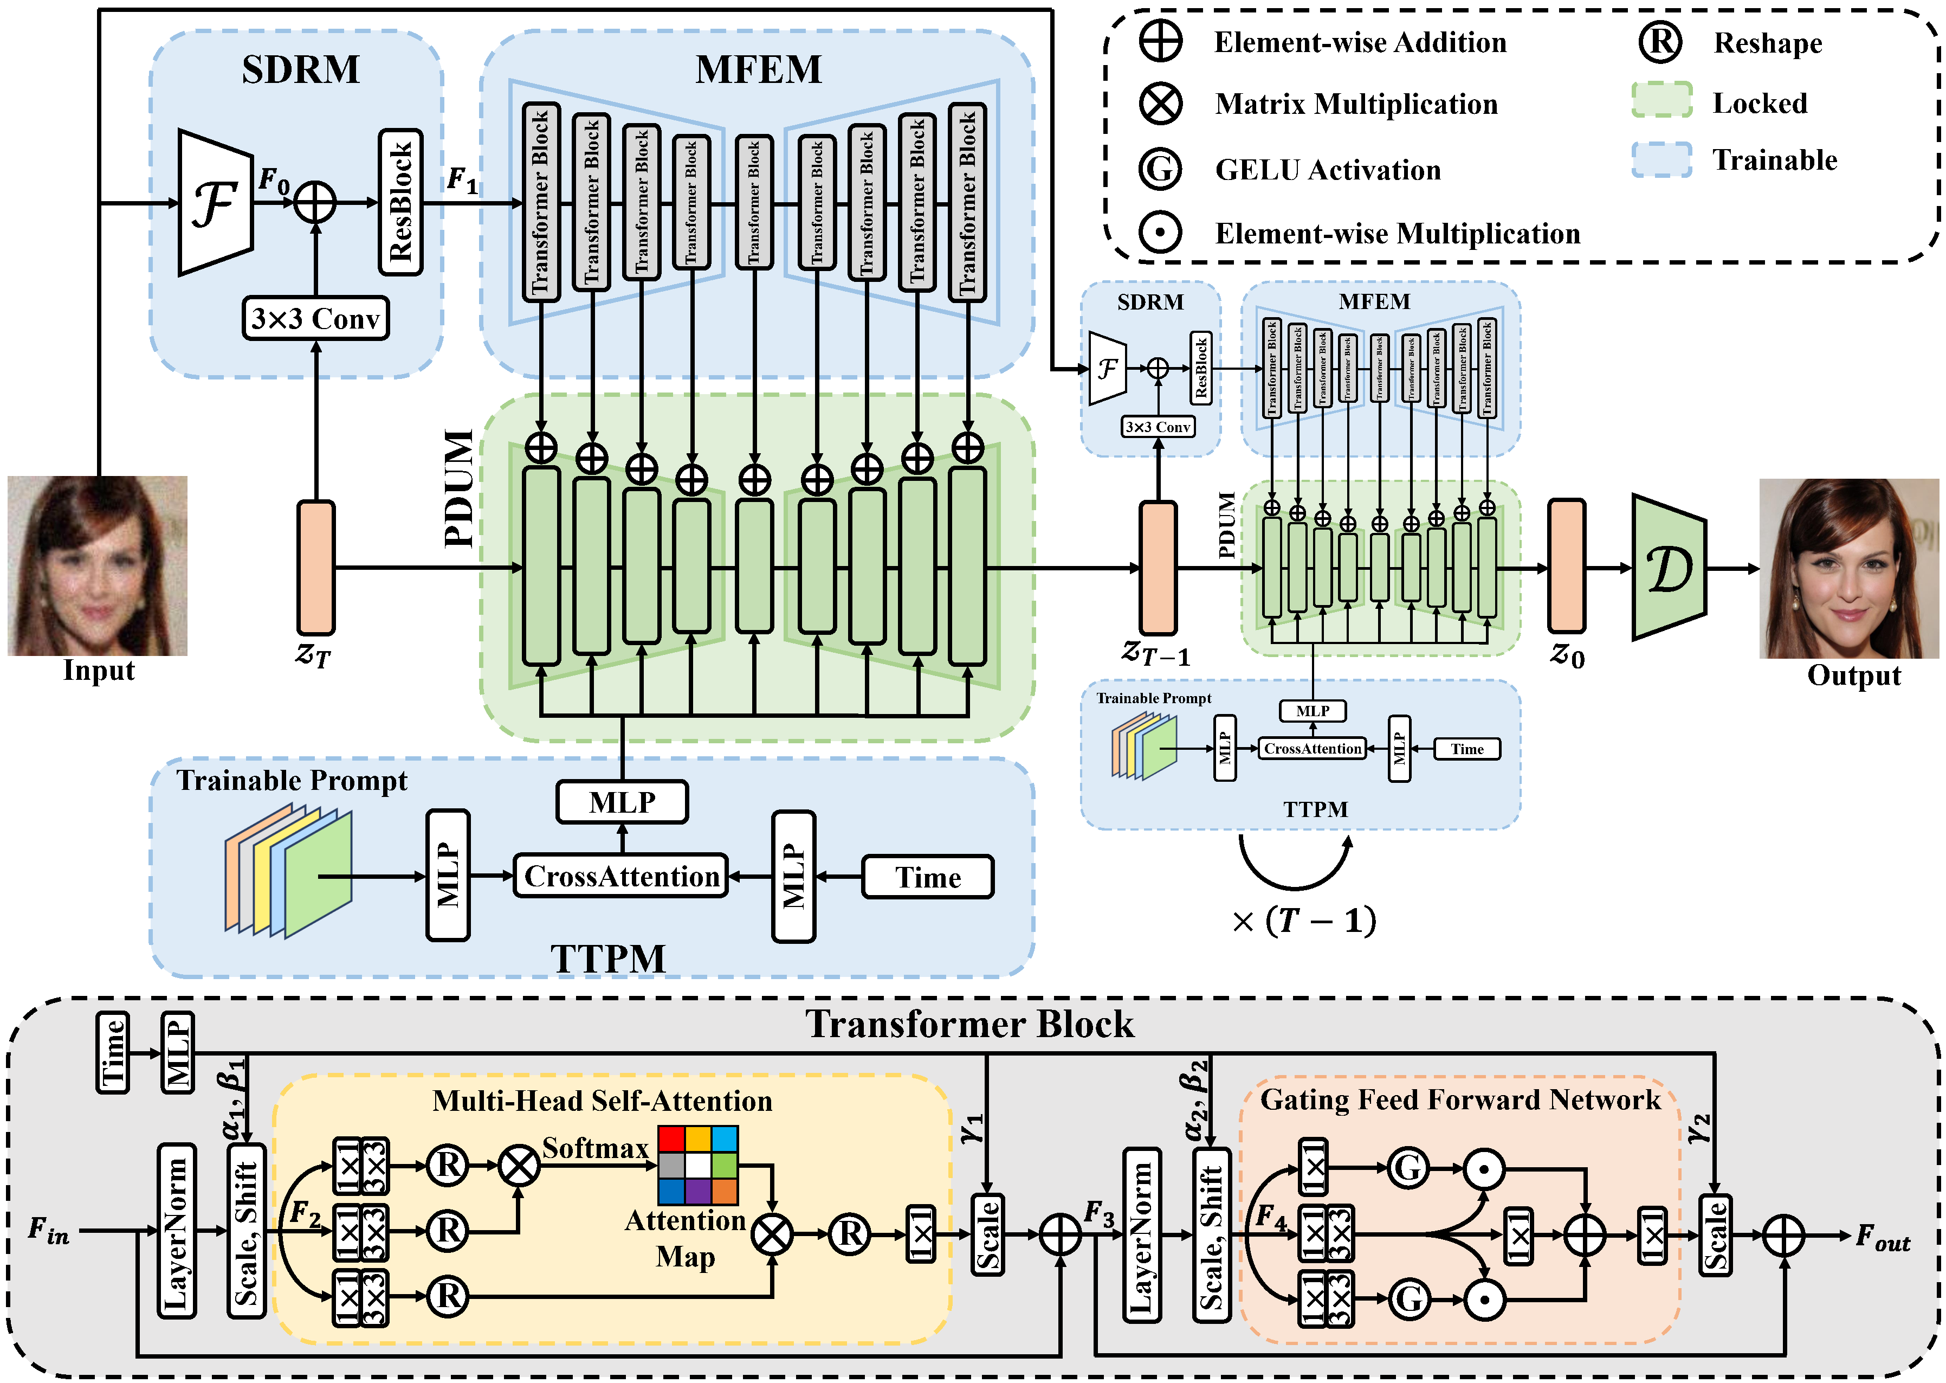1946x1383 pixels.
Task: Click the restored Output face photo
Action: [x=1848, y=568]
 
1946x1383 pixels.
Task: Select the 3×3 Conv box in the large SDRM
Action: [x=315, y=318]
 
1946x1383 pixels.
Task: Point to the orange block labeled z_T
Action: [x=316, y=567]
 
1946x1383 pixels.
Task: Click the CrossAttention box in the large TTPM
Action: [x=620, y=876]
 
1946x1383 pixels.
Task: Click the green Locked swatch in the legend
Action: [x=1661, y=100]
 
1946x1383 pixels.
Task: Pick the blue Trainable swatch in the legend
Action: [x=1661, y=159]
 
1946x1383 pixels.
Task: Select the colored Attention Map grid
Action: [x=697, y=1165]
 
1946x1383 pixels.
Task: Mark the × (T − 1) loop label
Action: [x=1302, y=921]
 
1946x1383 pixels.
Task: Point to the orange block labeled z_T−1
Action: [x=1157, y=567]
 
